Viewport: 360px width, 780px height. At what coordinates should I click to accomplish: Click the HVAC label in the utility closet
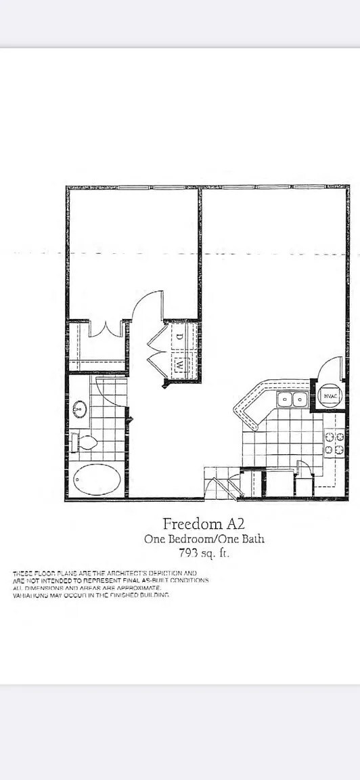[x=330, y=396]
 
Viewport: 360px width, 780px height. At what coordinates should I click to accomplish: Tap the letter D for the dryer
[x=180, y=336]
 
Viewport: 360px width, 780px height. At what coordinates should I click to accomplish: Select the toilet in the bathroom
[x=84, y=443]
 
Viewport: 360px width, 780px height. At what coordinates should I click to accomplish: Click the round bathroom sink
[x=80, y=409]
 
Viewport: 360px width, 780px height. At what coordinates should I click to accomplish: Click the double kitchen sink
[x=292, y=399]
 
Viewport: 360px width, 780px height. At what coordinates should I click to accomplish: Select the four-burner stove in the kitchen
[x=334, y=443]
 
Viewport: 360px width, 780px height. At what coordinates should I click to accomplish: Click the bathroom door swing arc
[x=110, y=393]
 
